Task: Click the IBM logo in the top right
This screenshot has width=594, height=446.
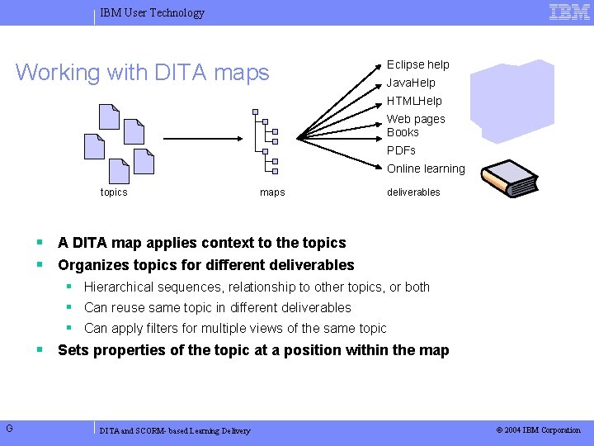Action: coord(569,12)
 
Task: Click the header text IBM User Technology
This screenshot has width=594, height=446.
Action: coord(152,12)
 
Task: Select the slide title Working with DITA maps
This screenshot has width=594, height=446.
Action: coord(143,73)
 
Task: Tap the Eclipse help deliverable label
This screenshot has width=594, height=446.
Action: coord(418,64)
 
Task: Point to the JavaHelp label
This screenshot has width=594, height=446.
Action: coord(411,83)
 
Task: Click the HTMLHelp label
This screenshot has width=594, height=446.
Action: coord(414,101)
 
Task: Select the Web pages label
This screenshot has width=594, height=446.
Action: coord(416,119)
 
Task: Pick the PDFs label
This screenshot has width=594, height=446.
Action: coord(401,150)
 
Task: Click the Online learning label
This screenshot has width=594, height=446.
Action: coord(426,168)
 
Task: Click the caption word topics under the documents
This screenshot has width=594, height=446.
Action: coord(114,192)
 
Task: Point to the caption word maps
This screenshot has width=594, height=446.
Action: coord(272,192)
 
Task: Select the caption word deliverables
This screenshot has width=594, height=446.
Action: coord(413,192)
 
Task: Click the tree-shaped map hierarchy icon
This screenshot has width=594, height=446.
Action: coord(266,142)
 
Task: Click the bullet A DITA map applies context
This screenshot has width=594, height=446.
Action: coord(201,243)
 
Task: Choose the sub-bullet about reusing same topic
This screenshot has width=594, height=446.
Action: coord(217,307)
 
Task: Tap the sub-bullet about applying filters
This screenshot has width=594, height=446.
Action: coord(235,328)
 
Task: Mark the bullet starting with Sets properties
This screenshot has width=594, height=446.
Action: coord(252,350)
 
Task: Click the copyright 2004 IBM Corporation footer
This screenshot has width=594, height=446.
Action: coord(538,430)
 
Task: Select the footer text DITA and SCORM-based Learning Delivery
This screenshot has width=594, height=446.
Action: coord(174,431)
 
